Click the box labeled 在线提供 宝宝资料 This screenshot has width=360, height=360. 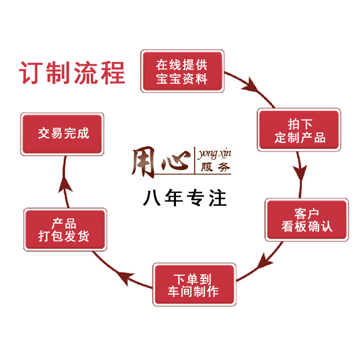[182, 72]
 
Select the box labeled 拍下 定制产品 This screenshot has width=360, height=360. [299, 130]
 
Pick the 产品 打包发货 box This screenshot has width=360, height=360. [65, 230]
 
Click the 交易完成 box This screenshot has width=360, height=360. [63, 134]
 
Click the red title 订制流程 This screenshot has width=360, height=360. [72, 72]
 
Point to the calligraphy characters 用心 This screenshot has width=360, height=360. [159, 160]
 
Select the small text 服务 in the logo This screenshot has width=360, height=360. [214, 168]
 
